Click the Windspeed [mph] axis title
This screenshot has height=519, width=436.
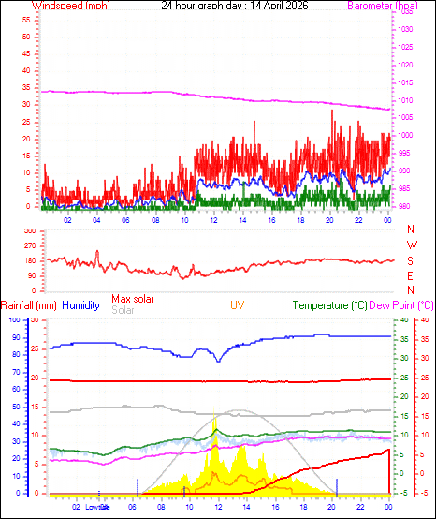coord(70,6)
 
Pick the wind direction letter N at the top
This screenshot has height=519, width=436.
coord(411,230)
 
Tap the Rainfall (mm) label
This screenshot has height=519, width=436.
coord(29,305)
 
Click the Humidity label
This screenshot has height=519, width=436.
coord(81,305)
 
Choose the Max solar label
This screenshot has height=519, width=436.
coord(132,299)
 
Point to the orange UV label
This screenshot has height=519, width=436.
coord(238,305)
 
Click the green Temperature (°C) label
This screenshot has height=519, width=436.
coord(328,305)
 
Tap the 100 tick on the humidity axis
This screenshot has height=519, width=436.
coord(14,320)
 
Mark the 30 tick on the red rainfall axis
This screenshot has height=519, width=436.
coord(35,320)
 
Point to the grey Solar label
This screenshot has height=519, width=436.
coord(123,309)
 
